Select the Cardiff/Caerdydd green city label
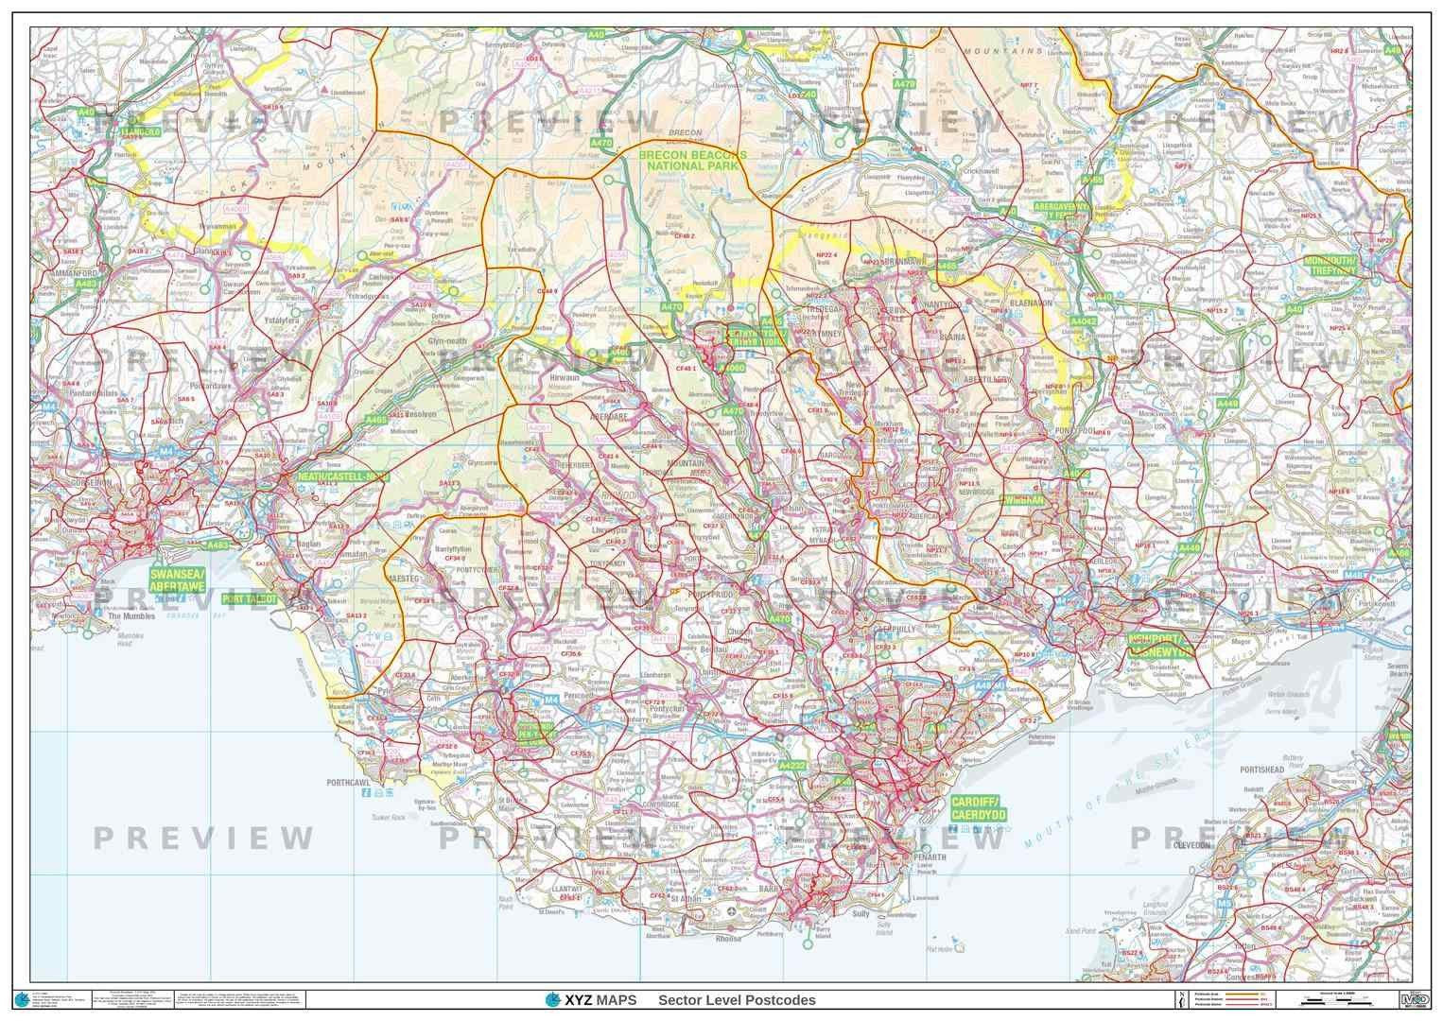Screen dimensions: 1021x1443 pos(978,808)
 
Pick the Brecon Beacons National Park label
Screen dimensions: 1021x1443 pos(692,160)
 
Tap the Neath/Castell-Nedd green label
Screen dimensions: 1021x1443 pos(342,477)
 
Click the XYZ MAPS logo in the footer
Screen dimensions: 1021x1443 pos(592,1000)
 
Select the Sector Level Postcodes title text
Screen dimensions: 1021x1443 pos(737,1000)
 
